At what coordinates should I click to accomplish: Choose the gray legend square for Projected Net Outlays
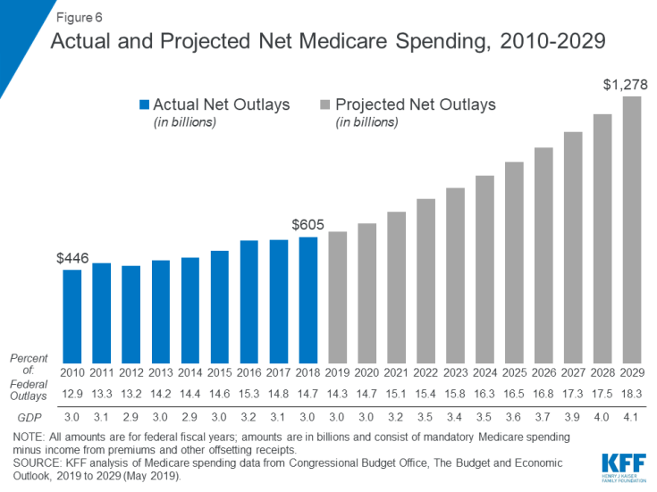pos(326,105)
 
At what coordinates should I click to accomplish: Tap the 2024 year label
pos(485,371)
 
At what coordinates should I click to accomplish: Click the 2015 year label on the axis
pos(220,371)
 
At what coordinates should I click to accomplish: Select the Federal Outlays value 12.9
pos(72,391)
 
